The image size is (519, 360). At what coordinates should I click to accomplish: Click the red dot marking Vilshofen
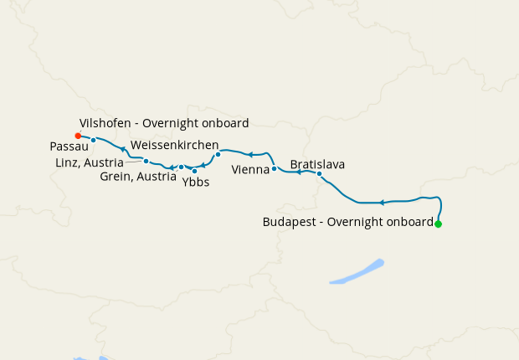coord(78,136)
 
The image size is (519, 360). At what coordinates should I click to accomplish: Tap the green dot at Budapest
coord(438,224)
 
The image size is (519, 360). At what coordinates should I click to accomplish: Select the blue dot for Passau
coord(94,140)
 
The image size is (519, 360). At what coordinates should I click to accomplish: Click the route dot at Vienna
coord(275,168)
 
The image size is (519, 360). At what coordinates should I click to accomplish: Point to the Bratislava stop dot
coord(319,174)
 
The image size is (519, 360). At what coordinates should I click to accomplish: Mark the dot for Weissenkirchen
coord(218,154)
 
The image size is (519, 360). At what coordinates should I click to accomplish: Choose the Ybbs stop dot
coord(195,171)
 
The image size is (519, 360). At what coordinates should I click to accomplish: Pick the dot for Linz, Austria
coord(146,161)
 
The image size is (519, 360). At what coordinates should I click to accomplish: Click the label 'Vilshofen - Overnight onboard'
coord(163,123)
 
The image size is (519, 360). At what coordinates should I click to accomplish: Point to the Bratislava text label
coord(317,164)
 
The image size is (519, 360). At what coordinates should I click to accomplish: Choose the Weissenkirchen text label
coord(175,145)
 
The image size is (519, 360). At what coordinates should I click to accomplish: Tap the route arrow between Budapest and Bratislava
coord(382,203)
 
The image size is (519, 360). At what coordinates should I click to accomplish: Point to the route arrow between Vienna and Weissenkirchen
coord(249,155)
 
